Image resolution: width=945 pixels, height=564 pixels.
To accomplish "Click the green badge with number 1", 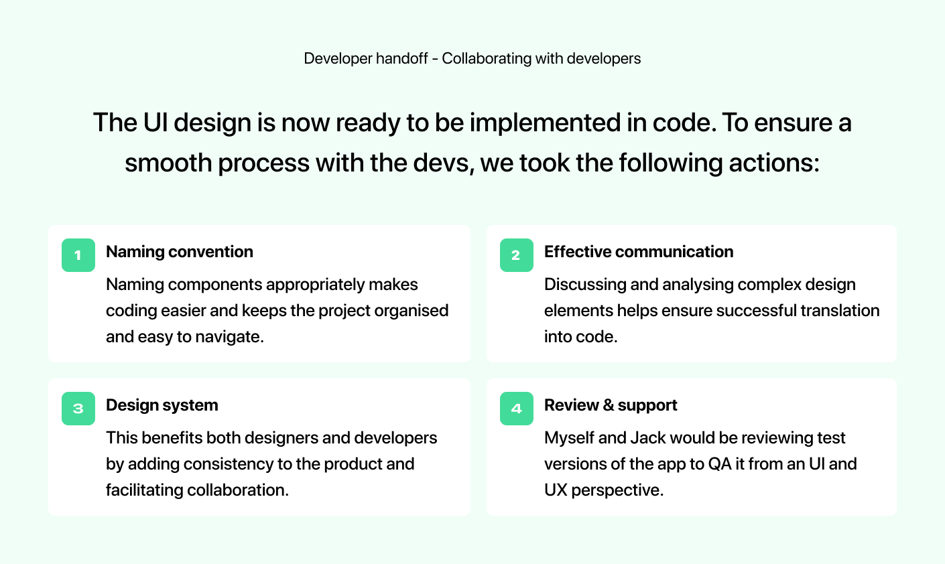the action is click(x=78, y=255).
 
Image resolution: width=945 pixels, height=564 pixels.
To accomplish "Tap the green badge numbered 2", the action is click(x=516, y=255).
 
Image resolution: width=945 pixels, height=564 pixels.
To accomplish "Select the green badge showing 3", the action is click(x=78, y=409).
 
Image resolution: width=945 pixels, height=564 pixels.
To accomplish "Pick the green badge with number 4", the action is click(x=516, y=409).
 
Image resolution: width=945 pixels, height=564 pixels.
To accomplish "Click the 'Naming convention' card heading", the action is click(x=180, y=252).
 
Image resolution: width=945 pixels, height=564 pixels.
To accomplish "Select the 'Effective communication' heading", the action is click(x=639, y=252).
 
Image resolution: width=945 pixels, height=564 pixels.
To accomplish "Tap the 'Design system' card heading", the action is click(x=162, y=405).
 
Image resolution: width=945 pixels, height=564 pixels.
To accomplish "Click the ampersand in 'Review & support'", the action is click(x=608, y=405).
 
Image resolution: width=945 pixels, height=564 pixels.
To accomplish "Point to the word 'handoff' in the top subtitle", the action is click(x=401, y=58).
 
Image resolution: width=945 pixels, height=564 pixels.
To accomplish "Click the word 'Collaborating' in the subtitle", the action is click(x=487, y=58).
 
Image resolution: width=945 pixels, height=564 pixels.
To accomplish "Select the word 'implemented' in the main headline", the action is click(x=545, y=123).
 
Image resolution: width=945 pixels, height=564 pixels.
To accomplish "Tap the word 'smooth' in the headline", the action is click(x=168, y=163).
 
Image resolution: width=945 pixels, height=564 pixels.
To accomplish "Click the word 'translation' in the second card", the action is click(x=840, y=311).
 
